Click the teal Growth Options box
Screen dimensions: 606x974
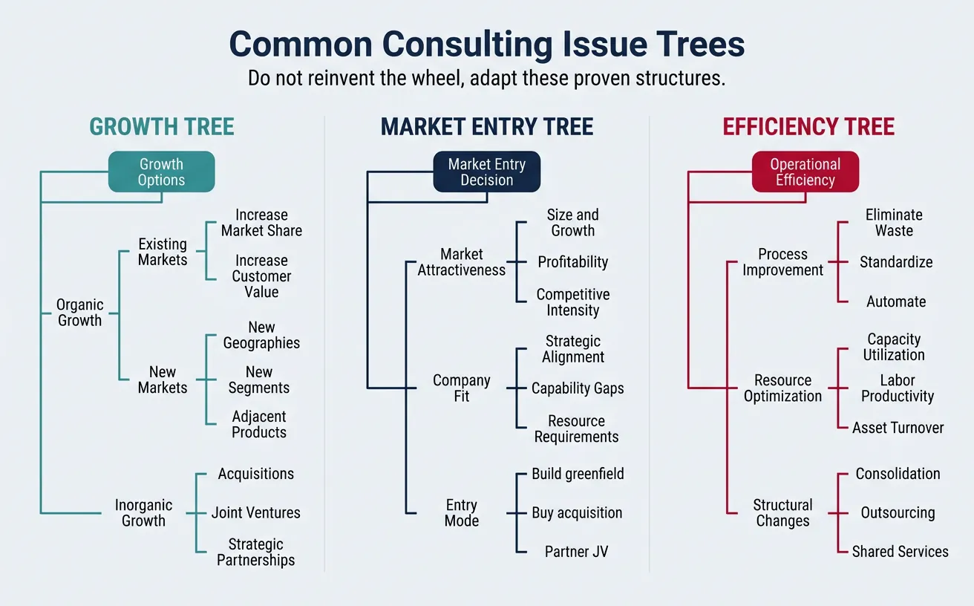point(161,172)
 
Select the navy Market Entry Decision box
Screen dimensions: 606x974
point(486,172)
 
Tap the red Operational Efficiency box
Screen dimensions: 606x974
point(805,172)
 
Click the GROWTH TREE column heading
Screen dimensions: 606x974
point(162,127)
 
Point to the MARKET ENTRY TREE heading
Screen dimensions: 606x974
point(487,127)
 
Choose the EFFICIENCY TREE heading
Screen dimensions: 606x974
point(808,127)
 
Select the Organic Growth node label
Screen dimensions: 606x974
point(79,313)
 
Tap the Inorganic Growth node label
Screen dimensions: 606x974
point(143,513)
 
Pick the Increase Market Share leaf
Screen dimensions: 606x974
point(261,223)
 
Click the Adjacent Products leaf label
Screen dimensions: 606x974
point(259,425)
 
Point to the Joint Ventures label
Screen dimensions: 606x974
point(256,513)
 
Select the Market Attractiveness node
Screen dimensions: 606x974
point(461,262)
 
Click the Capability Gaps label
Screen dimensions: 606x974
point(578,388)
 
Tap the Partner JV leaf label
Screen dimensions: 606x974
point(576,552)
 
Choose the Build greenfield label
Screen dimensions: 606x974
point(578,474)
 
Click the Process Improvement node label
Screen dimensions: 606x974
point(782,262)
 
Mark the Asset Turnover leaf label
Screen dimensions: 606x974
point(898,428)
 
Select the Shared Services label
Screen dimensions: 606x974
point(900,552)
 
